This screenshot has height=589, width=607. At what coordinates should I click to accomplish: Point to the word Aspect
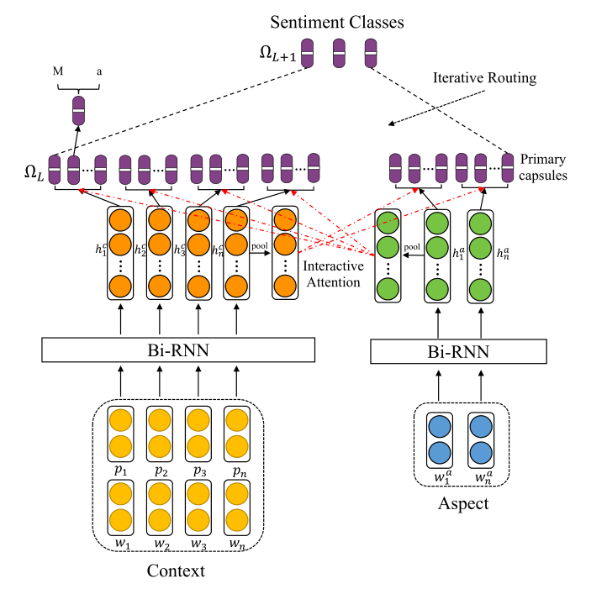pyautogui.click(x=463, y=504)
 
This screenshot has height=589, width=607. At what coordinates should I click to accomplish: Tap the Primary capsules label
pyautogui.click(x=543, y=166)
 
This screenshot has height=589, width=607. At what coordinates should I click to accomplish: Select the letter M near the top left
pyautogui.click(x=58, y=72)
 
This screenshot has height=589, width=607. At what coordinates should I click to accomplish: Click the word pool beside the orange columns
pyautogui.click(x=259, y=248)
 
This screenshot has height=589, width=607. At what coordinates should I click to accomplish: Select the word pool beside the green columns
pyautogui.click(x=412, y=248)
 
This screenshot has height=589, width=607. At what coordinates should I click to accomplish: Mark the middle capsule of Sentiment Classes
pyautogui.click(x=340, y=54)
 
